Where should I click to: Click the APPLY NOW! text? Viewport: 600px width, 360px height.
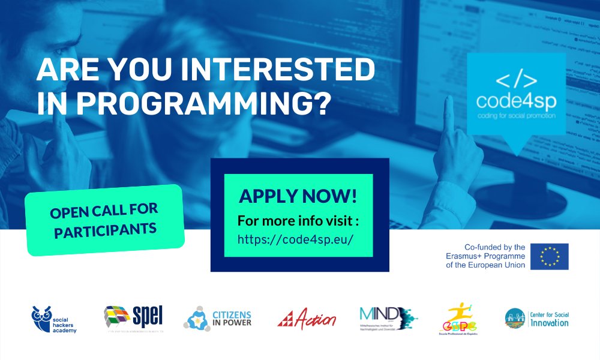pyautogui.click(x=298, y=196)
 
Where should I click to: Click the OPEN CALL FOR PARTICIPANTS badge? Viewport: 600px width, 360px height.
pyautogui.click(x=104, y=220)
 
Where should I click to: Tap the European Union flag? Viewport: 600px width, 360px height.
pyautogui.click(x=553, y=256)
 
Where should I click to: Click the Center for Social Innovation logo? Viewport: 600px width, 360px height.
pyautogui.click(x=536, y=318)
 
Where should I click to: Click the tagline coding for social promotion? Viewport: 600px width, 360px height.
pyautogui.click(x=516, y=115)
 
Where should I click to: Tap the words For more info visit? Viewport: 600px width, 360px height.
pyautogui.click(x=298, y=220)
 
